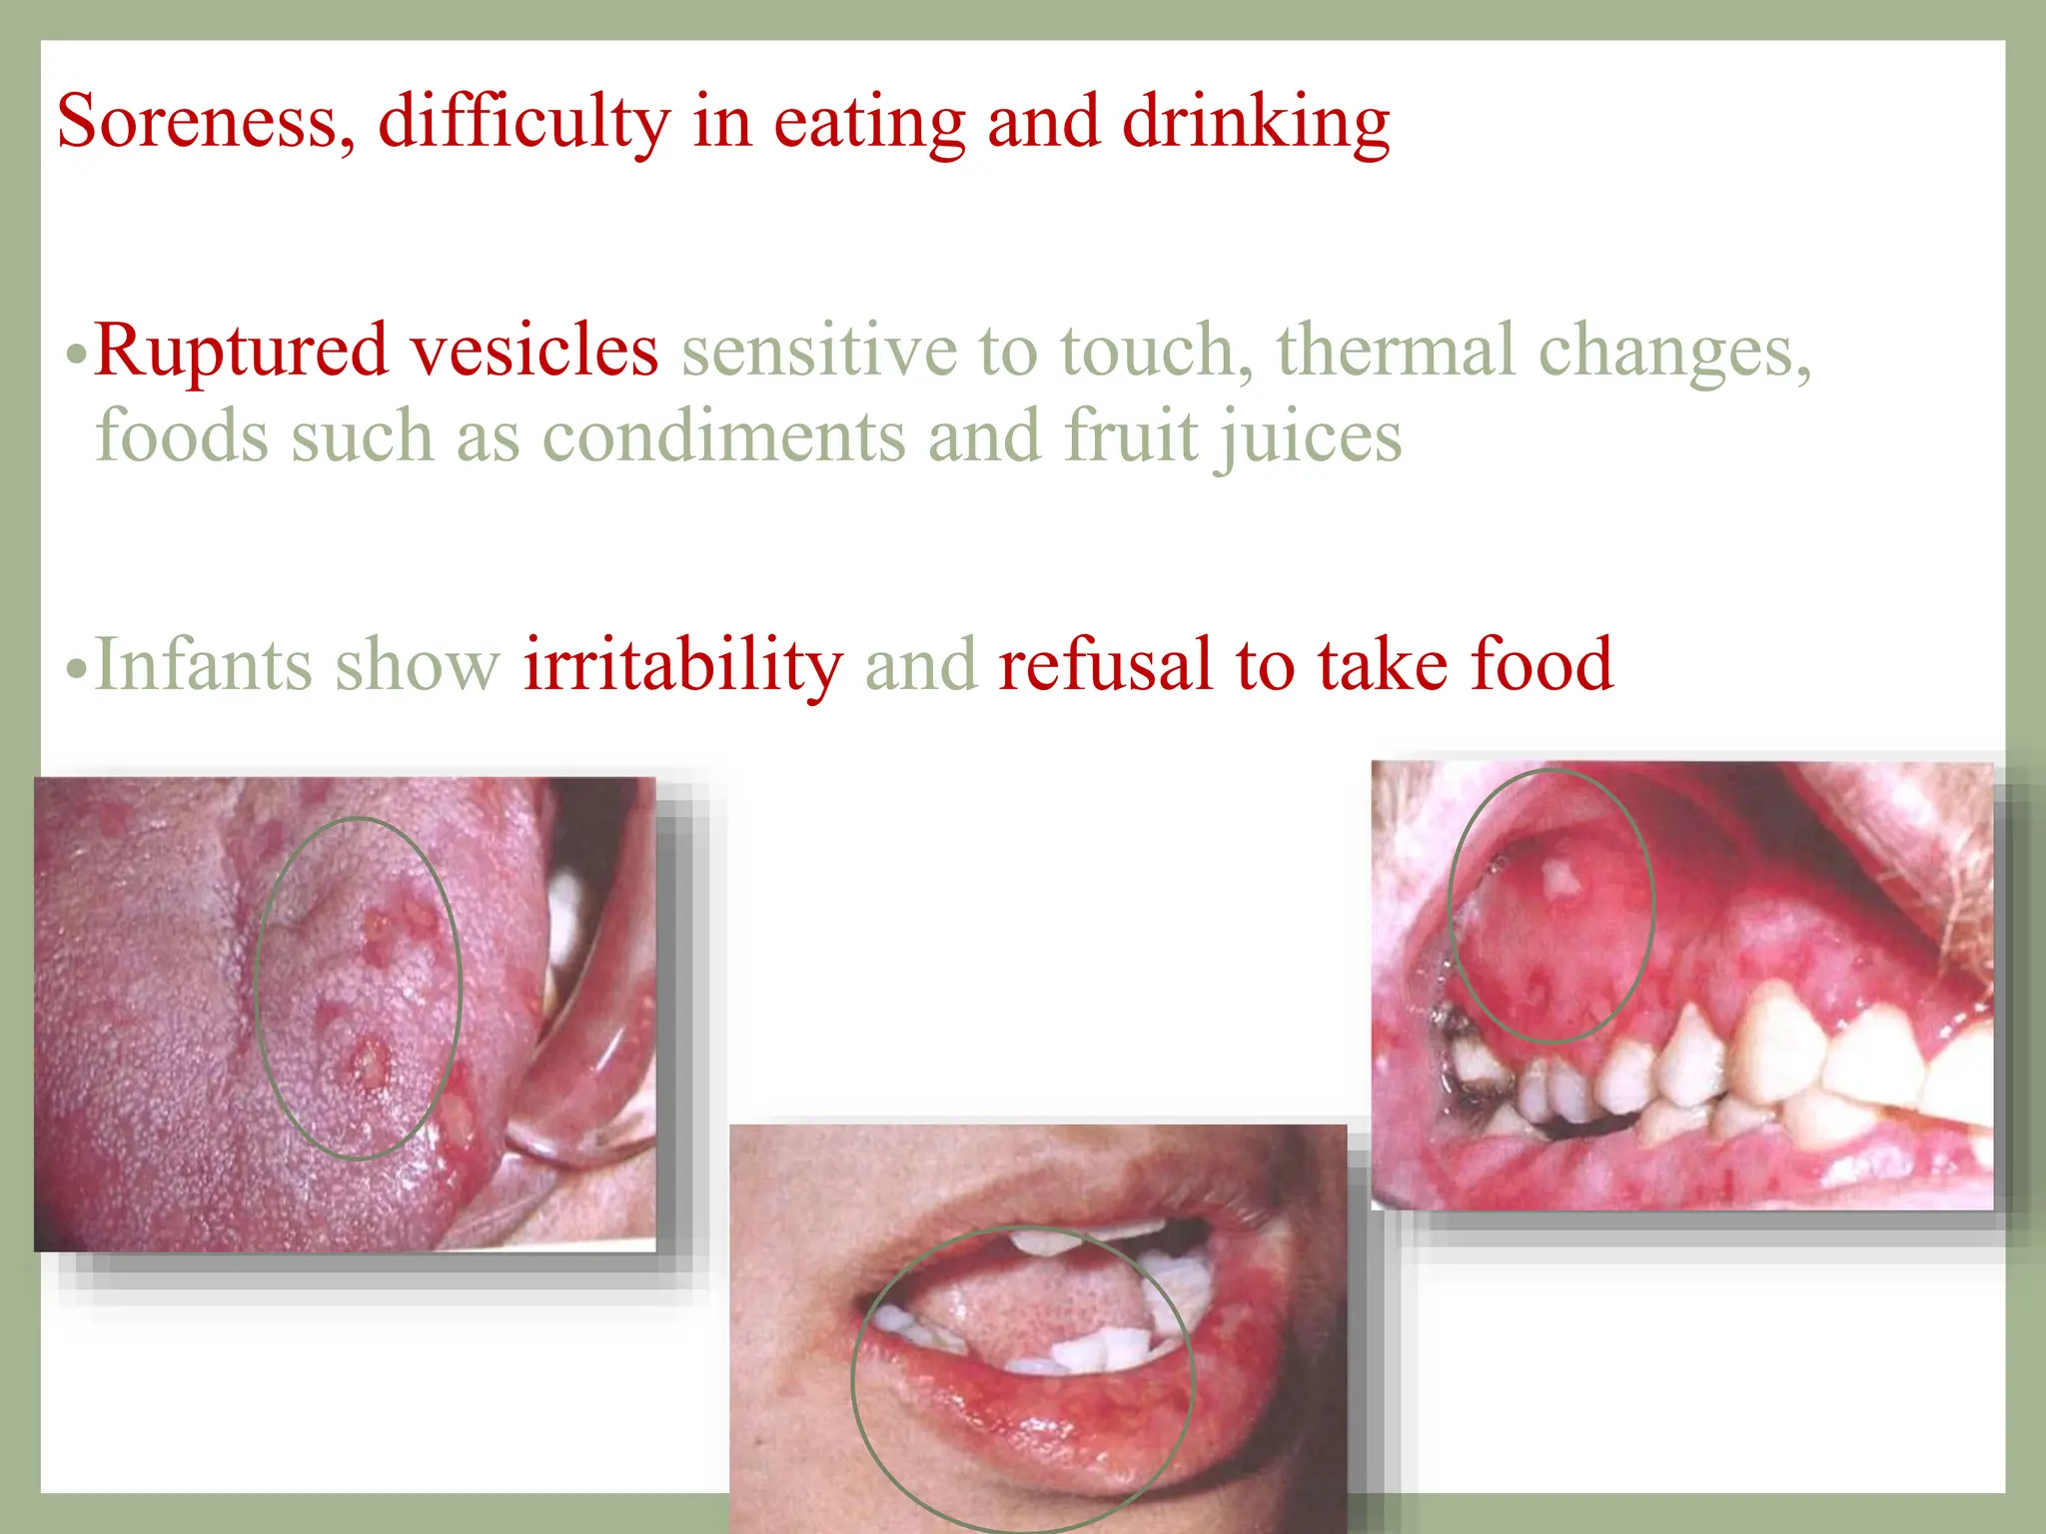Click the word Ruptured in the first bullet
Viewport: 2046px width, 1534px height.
pyautogui.click(x=241, y=352)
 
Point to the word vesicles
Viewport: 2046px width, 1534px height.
pyautogui.click(x=534, y=352)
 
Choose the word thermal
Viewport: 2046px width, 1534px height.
pyautogui.click(x=1396, y=352)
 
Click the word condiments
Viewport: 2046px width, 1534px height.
pyautogui.click(x=723, y=437)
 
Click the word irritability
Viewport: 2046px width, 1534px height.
pyautogui.click(x=683, y=667)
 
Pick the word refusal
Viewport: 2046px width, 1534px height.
pyautogui.click(x=1105, y=665)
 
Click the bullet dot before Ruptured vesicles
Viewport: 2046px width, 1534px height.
pyautogui.click(x=76, y=356)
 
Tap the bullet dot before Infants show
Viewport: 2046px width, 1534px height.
pyautogui.click(x=76, y=669)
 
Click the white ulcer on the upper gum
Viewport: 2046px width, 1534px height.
pyautogui.click(x=1559, y=879)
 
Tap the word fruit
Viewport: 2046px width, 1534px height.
pyautogui.click(x=1130, y=437)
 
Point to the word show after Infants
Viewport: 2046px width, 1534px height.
pyautogui.click(x=417, y=665)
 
